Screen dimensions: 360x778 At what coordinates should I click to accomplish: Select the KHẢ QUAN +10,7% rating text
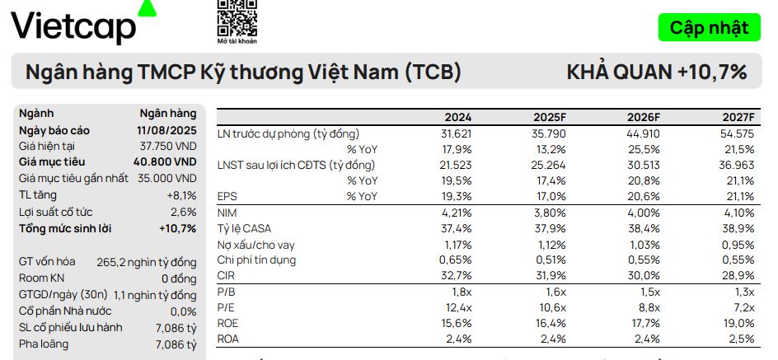[x=656, y=72]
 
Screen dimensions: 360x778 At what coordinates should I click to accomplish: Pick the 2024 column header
[x=458, y=118]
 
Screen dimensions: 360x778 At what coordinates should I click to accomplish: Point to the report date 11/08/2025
[x=166, y=130]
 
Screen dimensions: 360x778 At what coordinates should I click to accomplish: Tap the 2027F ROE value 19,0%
[x=738, y=322]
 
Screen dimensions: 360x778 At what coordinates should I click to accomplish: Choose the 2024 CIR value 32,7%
[x=456, y=275]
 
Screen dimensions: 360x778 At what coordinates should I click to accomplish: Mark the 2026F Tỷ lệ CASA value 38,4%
[x=644, y=228]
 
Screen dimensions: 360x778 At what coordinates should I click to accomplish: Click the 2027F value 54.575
[x=737, y=133]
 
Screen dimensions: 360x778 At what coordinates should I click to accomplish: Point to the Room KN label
[x=41, y=278]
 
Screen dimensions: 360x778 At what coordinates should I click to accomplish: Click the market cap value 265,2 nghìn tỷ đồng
[x=147, y=263]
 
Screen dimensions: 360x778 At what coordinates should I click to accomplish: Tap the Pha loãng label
[x=44, y=344]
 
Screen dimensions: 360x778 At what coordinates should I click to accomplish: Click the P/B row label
[x=227, y=291]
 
